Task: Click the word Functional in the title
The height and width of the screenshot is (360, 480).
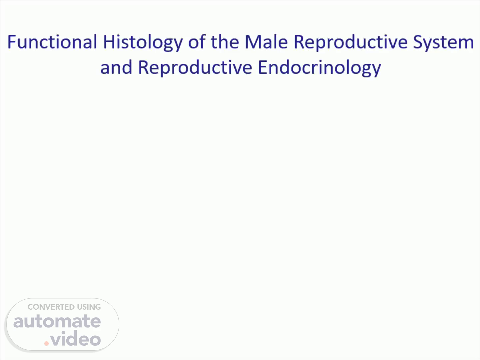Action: pos(52,42)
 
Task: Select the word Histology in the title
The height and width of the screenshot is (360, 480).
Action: pos(143,43)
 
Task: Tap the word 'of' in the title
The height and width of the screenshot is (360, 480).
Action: pos(197,42)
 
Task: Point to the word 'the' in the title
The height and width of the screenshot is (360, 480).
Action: pos(225,42)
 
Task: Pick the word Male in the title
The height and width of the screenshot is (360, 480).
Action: pos(266,42)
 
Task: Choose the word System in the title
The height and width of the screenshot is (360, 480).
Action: pos(443,43)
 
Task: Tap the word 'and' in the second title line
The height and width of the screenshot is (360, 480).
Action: pos(116,67)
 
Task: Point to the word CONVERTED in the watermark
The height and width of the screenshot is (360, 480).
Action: pos(48,307)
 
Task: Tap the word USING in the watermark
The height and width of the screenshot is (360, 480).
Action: pos(86,307)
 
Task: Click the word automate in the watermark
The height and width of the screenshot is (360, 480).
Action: pos(57,321)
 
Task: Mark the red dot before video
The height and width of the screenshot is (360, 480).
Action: pos(46,343)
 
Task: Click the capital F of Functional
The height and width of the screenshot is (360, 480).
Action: pos(12,42)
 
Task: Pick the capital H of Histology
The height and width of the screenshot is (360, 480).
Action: pos(108,42)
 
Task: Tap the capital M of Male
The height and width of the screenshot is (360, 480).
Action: pos(252,42)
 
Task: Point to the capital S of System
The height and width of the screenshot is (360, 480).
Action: pos(418,42)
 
